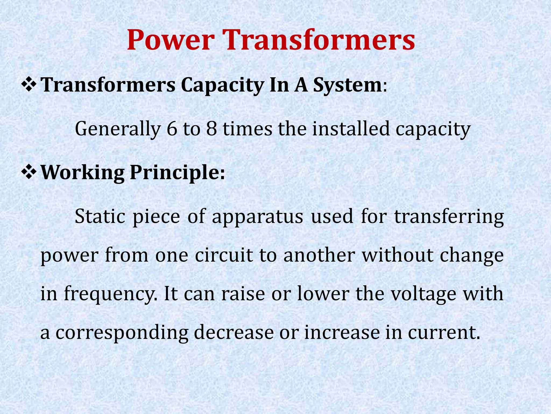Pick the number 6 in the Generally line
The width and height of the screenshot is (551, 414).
pyautogui.click(x=172, y=129)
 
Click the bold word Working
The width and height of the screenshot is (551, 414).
pyautogui.click(x=82, y=172)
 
